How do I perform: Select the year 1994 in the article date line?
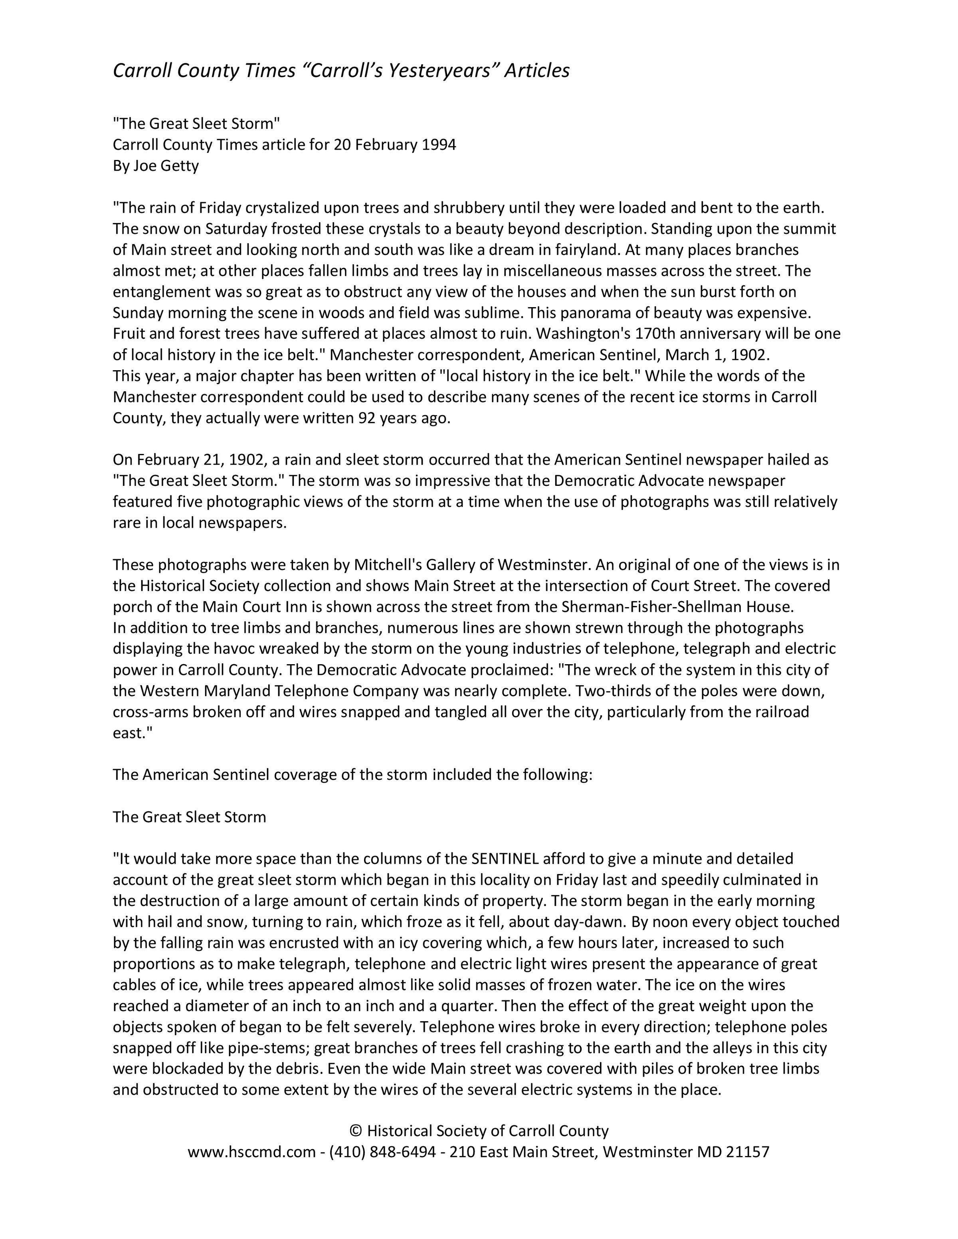click(x=439, y=145)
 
